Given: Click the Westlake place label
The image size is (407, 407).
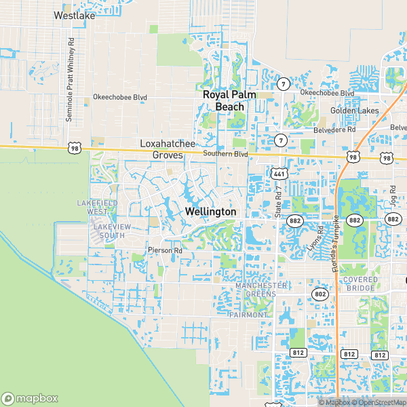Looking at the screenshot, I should [74, 15].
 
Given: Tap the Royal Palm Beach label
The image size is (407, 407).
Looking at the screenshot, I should [230, 100].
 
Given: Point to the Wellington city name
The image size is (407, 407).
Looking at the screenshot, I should [210, 212].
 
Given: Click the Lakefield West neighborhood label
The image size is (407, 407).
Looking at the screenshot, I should [98, 207].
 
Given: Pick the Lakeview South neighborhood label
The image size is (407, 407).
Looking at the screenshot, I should [109, 231].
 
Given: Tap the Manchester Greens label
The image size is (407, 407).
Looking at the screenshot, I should [261, 290].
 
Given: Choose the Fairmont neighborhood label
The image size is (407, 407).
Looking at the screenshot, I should [249, 315].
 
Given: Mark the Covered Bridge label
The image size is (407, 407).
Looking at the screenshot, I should [359, 284].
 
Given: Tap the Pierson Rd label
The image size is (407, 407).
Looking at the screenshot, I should [166, 250].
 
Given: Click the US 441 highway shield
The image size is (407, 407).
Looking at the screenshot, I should [279, 174].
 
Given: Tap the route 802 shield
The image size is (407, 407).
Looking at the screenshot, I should [320, 294].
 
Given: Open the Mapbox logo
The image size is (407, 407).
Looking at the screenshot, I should [28, 398].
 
